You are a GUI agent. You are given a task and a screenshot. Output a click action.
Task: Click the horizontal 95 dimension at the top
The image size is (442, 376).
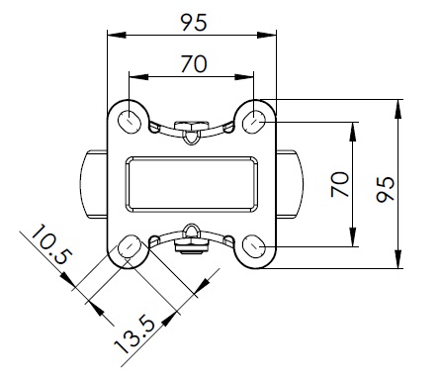click(194, 23)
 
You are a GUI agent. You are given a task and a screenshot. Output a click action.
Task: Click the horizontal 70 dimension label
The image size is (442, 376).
click(194, 63)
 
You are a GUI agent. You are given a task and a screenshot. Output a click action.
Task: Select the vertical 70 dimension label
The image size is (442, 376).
click(340, 184)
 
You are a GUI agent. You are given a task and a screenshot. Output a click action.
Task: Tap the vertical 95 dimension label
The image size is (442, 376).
click(386, 189)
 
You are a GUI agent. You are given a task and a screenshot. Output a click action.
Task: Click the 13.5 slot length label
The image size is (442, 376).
click(134, 335)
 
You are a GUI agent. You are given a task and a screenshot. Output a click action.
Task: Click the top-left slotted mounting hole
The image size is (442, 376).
click(130, 122)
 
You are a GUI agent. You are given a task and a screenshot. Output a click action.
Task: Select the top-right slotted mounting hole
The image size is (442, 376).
click(254, 122)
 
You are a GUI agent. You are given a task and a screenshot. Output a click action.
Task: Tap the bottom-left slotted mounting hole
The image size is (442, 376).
click(130, 246)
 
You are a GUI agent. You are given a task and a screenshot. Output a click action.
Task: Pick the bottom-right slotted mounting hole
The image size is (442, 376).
click(254, 246)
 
